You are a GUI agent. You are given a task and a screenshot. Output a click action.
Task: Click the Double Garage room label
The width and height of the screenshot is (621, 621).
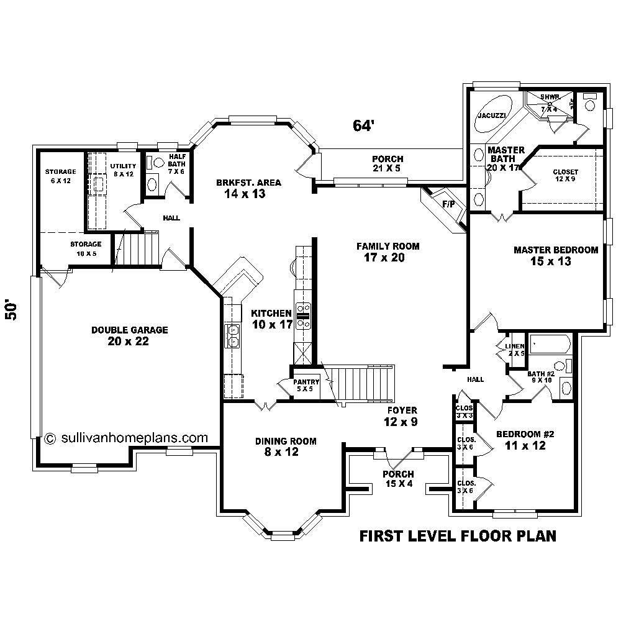click(129, 335)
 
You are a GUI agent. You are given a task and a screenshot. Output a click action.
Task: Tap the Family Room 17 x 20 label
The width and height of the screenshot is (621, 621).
click(388, 252)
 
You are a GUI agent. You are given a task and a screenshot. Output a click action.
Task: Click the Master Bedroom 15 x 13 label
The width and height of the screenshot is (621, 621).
click(555, 255)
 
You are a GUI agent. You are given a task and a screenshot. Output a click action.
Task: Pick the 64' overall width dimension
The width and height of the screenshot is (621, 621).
click(363, 125)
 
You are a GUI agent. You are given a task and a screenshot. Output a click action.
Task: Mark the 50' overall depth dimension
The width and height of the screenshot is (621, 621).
click(12, 310)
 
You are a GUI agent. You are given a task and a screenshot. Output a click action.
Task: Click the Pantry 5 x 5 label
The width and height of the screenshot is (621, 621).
click(306, 385)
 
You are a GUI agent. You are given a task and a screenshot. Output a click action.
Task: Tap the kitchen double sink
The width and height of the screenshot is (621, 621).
click(232, 335)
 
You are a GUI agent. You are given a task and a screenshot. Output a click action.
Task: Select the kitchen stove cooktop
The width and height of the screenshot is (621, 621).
click(304, 314)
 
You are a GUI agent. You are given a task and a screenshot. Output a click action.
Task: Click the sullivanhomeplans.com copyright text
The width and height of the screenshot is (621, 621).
click(127, 437)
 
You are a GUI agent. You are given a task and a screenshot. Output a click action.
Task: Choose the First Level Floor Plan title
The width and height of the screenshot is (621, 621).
click(458, 536)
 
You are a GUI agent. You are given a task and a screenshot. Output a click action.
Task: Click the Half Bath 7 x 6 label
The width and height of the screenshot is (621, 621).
click(177, 163)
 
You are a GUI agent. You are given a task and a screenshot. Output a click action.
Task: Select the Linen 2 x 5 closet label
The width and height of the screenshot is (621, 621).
click(515, 349)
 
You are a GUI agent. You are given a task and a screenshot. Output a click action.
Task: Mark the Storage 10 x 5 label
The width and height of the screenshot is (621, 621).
click(86, 248)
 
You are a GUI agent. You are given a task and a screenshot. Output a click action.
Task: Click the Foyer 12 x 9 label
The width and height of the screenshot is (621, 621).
click(401, 416)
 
